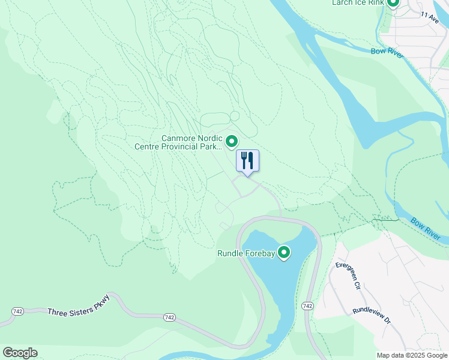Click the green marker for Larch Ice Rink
pyautogui.click(x=393, y=3)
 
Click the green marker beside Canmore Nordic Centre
pyautogui.click(x=232, y=142)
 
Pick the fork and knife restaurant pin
pyautogui.click(x=247, y=161)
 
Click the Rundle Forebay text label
pyautogui.click(x=246, y=254)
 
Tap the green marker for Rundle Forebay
pyautogui.click(x=284, y=253)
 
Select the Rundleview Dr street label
pyautogui.click(x=372, y=316)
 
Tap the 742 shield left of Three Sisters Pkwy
pyautogui.click(x=18, y=311)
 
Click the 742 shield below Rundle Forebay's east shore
pyautogui.click(x=307, y=306)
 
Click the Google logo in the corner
pyautogui.click(x=20, y=353)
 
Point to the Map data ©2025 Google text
pyautogui.click(x=411, y=355)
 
